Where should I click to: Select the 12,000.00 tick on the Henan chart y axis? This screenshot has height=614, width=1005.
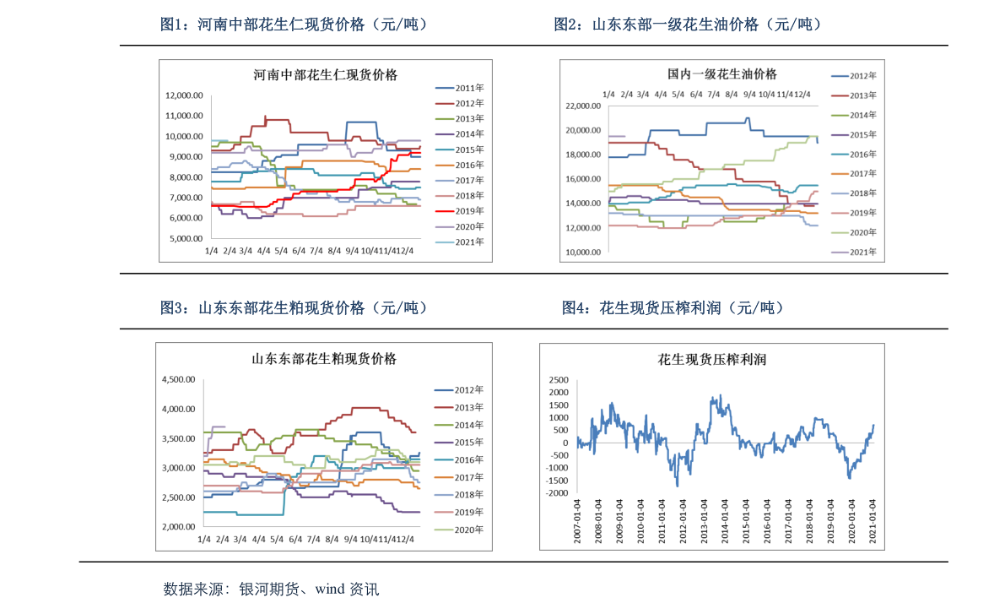(x=184, y=95)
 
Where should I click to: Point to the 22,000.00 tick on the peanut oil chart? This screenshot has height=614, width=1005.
(x=582, y=106)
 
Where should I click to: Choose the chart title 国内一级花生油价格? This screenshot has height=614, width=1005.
(x=722, y=74)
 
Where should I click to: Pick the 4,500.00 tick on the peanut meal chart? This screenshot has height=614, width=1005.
(x=179, y=380)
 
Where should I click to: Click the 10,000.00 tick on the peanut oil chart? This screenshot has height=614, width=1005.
(x=582, y=252)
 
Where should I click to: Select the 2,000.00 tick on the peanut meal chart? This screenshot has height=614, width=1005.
(x=179, y=527)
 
